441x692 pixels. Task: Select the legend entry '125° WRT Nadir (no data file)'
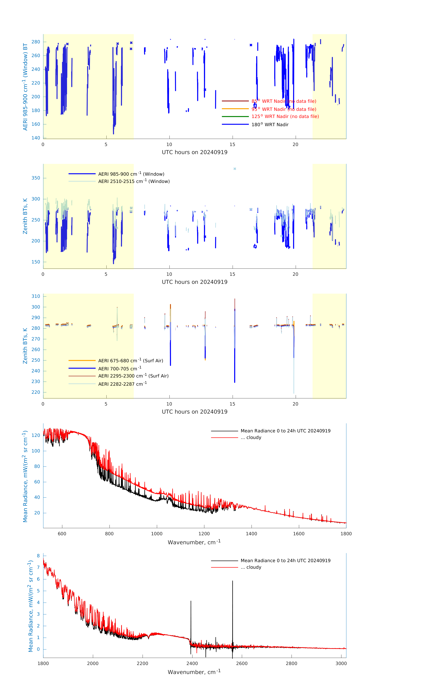(285, 116)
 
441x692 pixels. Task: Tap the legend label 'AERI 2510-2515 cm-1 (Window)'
(134, 181)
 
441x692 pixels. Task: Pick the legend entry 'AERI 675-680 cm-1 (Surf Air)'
(130, 361)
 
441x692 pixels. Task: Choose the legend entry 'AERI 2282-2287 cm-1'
(122, 384)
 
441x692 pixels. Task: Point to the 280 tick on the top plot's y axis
(36, 42)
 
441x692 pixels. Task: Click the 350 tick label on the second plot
(36, 178)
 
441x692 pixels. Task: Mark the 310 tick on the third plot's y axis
(36, 296)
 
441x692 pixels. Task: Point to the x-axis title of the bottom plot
(194, 672)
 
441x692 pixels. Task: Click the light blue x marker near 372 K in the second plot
(235, 169)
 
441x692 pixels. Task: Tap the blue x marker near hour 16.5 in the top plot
(251, 45)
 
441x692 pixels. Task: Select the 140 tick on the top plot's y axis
(36, 138)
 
